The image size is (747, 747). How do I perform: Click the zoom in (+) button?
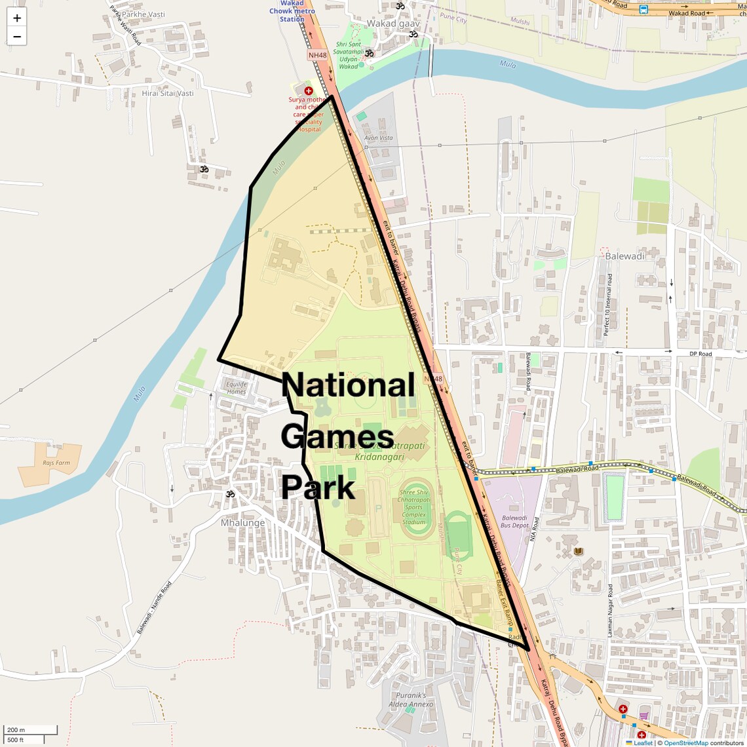point(17,18)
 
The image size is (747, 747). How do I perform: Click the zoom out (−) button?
point(17,37)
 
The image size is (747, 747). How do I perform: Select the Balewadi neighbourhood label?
point(624,256)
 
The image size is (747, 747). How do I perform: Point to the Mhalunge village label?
point(242,523)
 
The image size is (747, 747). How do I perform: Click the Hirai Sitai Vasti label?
point(168,94)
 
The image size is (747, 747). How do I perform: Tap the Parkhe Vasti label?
point(143,14)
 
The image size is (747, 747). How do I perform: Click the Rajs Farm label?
point(56,463)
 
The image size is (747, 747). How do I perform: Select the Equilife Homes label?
point(237,388)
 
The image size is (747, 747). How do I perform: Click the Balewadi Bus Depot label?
point(514,522)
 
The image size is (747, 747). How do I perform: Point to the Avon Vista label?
point(378,138)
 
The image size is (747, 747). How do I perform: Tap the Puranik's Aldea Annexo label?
point(411,700)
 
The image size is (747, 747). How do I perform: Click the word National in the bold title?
point(348,385)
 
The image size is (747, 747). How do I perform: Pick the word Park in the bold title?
point(318,488)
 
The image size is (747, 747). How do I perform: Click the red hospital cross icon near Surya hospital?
point(309,90)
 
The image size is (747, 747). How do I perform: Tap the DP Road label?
point(700,354)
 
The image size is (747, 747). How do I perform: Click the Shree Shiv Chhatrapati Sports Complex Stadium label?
point(413,507)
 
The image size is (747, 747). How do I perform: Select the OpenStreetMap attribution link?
point(686,743)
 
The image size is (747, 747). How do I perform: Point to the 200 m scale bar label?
point(16,730)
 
